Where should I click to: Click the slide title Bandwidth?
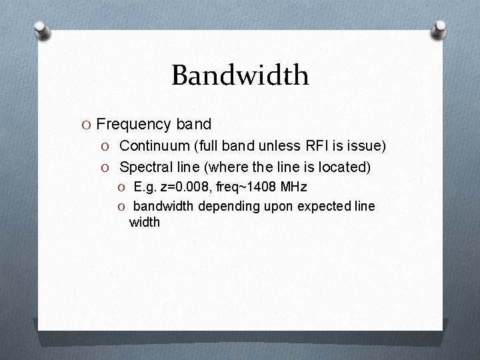click(240, 75)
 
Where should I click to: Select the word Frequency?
click(134, 124)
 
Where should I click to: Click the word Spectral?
click(145, 165)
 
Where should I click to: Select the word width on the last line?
click(145, 222)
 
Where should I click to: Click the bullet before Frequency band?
click(86, 125)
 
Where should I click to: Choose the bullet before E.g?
click(123, 187)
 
